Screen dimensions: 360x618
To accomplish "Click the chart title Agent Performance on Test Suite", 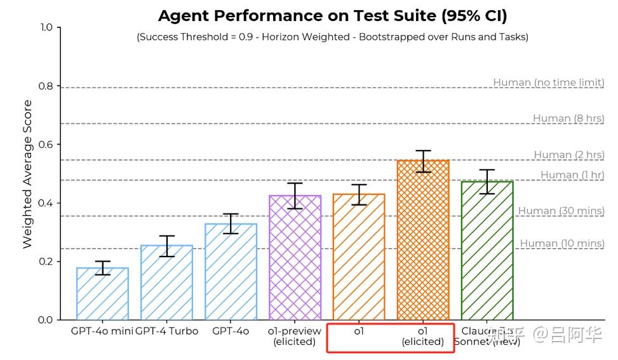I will (332, 15).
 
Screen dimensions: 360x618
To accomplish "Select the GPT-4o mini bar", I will (102, 294).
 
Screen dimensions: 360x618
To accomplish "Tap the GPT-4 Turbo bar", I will (166, 283).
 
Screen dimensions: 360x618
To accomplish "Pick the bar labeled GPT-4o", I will (231, 272).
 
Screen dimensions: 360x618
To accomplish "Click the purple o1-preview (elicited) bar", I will (295, 257).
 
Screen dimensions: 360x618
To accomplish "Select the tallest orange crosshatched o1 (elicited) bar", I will (423, 240).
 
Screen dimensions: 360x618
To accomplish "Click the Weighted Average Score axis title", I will (28, 174).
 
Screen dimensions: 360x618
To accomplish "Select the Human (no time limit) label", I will (548, 83).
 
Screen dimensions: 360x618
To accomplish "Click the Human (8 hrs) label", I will (568, 118).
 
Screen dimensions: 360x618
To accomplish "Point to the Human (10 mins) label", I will (561, 243).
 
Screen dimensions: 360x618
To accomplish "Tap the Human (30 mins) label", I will (561, 211).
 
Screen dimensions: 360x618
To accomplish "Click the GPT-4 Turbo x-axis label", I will (167, 331).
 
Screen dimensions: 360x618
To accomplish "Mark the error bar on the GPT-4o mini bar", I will (102, 268).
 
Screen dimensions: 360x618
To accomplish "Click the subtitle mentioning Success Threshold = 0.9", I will (332, 37).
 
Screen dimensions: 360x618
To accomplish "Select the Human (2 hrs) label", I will (568, 155).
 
